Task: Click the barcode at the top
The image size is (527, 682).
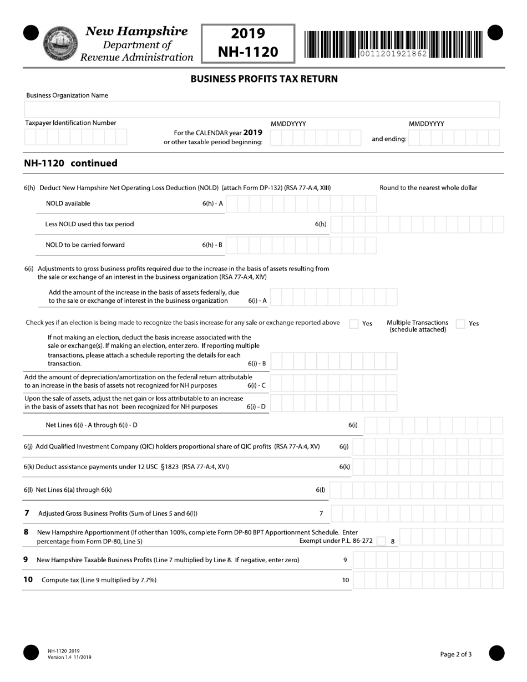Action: (393, 44)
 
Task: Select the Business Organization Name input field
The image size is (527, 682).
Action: (262, 109)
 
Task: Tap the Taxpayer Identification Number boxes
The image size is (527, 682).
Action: (75, 137)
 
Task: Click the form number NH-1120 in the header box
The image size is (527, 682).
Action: (248, 52)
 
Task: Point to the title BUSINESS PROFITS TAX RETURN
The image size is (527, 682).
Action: (264, 79)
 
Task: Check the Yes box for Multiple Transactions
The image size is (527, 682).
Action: (460, 324)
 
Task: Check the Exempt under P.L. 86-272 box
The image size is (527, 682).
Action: (381, 541)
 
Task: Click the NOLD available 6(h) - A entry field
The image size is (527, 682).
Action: (301, 204)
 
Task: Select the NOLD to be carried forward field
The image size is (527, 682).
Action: (301, 245)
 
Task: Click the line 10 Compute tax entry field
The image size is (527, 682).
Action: (428, 581)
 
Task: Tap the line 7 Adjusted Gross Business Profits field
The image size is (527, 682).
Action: (421, 513)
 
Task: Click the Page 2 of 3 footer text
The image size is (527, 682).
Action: (456, 654)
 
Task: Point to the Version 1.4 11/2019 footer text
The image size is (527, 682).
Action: (69, 658)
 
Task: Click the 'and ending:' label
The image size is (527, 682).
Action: (389, 139)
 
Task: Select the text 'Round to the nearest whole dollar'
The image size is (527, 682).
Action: (428, 187)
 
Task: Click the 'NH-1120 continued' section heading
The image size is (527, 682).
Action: (71, 163)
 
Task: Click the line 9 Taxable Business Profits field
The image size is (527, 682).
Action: (428, 560)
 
